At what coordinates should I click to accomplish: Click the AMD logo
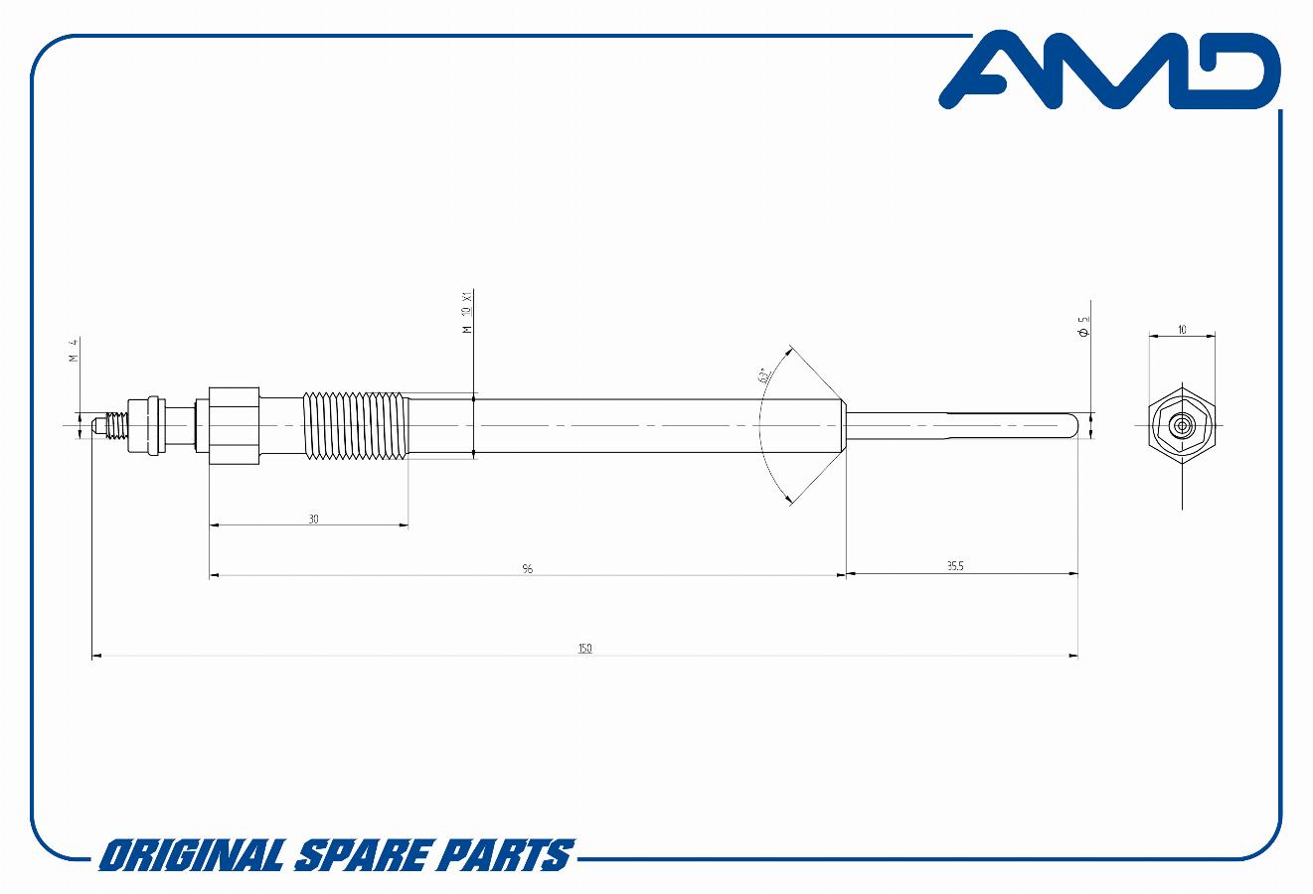(x=1109, y=70)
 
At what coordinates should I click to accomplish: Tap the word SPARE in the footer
(x=362, y=855)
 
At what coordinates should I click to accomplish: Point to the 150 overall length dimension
(x=585, y=649)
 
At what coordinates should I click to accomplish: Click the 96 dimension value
(x=528, y=569)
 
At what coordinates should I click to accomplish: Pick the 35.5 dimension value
(x=955, y=566)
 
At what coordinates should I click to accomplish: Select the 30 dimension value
(x=314, y=520)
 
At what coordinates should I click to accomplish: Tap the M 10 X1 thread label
(x=467, y=312)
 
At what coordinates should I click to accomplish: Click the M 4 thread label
(x=74, y=350)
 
